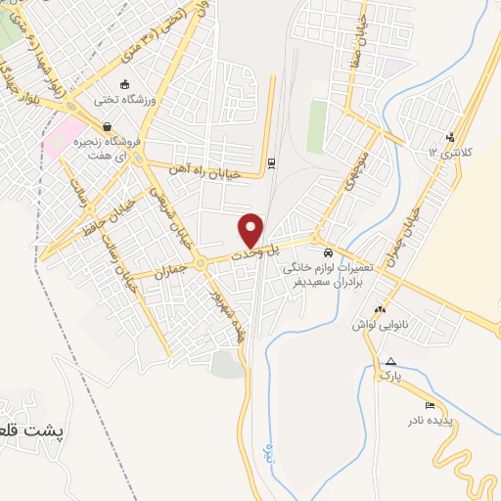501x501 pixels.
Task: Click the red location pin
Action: click(251, 230)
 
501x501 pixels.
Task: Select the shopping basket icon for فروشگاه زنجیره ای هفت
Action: click(106, 126)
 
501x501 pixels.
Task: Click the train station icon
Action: click(271, 162)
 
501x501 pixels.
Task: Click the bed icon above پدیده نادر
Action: click(430, 405)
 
